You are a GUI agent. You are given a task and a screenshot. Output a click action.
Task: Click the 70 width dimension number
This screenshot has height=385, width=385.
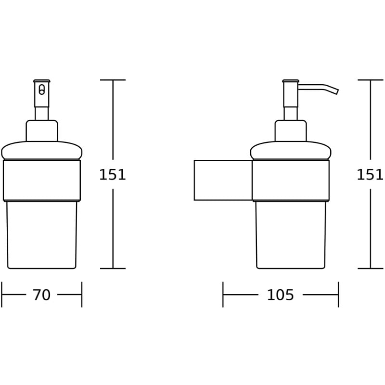(41, 295)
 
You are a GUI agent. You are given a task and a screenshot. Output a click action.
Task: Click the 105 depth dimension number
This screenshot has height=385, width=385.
(280, 295)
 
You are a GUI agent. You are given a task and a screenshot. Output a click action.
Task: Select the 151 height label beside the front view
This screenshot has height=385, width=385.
(112, 175)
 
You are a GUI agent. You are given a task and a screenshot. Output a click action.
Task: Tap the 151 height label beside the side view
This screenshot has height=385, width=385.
(370, 175)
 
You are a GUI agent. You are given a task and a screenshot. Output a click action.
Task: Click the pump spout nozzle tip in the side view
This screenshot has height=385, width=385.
(336, 90)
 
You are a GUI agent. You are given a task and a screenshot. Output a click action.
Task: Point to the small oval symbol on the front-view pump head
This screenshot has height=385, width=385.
(41, 90)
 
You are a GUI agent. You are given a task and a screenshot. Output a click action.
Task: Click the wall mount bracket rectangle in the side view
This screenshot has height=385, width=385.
(223, 180)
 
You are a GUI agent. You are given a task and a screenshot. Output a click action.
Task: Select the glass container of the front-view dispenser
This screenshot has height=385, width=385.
(42, 234)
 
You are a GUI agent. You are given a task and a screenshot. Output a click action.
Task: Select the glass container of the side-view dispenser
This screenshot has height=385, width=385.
(291, 234)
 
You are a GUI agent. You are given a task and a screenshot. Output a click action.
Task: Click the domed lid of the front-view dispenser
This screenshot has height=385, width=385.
(42, 150)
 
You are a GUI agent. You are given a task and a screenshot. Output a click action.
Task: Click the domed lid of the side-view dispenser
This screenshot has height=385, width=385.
(291, 150)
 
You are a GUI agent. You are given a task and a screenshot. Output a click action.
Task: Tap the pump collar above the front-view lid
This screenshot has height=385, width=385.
(42, 130)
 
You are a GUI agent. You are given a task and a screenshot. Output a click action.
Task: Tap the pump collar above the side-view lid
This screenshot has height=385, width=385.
(291, 130)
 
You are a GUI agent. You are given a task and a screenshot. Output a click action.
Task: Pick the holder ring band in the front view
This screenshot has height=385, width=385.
(42, 180)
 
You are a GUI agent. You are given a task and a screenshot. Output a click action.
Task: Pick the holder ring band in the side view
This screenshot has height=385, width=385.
(291, 180)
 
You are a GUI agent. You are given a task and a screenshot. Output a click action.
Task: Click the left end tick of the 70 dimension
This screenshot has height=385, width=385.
(2, 295)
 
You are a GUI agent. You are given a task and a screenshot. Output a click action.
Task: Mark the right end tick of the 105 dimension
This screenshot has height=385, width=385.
(338, 295)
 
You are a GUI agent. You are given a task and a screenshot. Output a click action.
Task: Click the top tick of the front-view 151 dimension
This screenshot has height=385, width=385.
(113, 80)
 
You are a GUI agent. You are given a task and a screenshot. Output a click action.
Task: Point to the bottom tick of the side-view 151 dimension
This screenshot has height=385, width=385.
(370, 269)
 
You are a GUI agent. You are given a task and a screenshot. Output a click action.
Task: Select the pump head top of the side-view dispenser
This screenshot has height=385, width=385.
(291, 81)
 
